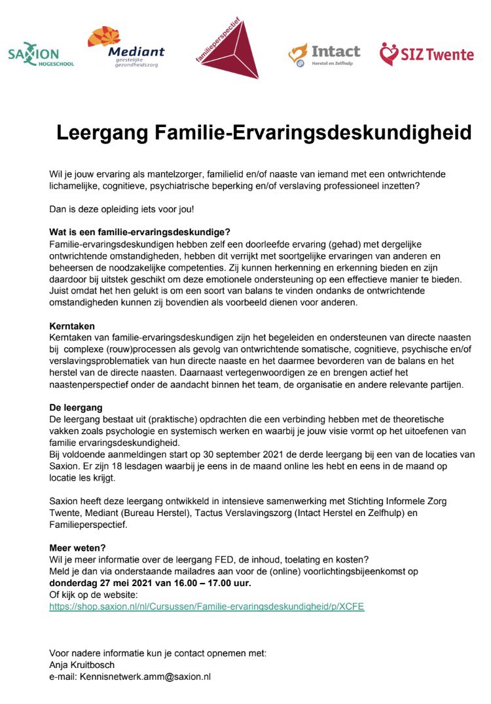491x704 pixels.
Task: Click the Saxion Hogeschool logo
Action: (x=41, y=55)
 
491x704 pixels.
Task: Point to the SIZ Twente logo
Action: (x=426, y=54)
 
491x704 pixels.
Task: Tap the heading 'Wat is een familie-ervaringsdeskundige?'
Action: (x=139, y=232)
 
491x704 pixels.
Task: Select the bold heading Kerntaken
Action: (x=72, y=325)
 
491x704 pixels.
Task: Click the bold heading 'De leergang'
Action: (x=76, y=407)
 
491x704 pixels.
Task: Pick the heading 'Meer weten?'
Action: (x=77, y=547)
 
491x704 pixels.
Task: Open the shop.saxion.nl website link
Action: (x=206, y=606)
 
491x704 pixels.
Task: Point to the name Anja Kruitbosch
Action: (x=82, y=665)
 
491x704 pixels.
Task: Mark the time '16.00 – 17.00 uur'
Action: (x=213, y=583)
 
